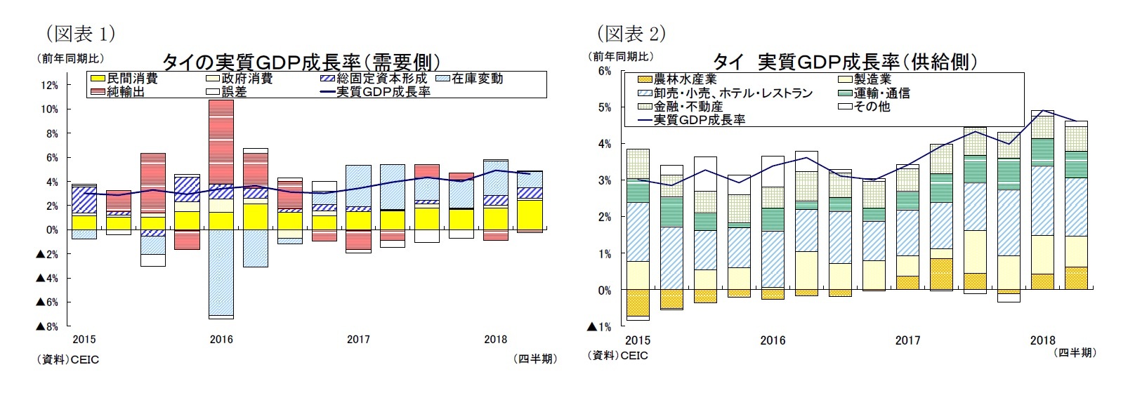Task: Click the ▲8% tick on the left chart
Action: coord(47,327)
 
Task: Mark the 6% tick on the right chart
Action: coord(604,71)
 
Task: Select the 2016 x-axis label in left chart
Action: coord(221,340)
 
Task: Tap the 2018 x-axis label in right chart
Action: coord(1042,340)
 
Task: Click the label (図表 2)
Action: coord(631,33)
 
